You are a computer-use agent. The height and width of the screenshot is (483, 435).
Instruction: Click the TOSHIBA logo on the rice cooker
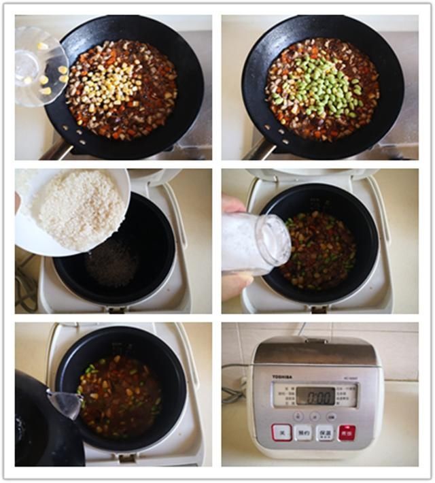[283, 376]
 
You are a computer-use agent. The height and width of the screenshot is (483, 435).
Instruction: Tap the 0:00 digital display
[315, 395]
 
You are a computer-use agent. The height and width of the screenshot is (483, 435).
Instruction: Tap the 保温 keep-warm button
[325, 432]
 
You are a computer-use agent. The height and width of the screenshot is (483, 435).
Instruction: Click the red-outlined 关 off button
[281, 432]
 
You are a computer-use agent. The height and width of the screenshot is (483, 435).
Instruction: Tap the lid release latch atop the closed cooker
[315, 340]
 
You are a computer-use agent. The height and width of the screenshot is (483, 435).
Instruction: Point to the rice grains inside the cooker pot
[112, 263]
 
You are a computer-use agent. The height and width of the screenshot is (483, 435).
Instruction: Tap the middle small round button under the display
[315, 416]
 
